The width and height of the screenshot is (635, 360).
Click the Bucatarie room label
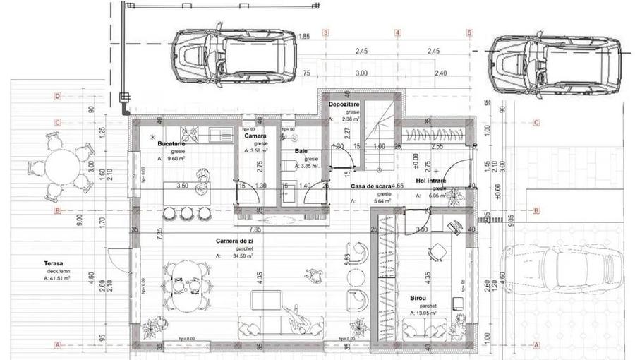pos(171,143)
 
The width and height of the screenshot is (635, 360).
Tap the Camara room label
pos(255,136)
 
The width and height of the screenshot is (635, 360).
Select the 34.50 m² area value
pos(238,256)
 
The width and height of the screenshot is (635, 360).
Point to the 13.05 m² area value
pos(425,313)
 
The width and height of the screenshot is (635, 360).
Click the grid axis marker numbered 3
pos(325,32)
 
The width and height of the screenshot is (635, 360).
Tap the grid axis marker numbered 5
pos(469,32)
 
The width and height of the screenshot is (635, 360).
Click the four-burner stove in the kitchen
pos(190,132)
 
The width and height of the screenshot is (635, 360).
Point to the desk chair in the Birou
pos(439,252)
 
